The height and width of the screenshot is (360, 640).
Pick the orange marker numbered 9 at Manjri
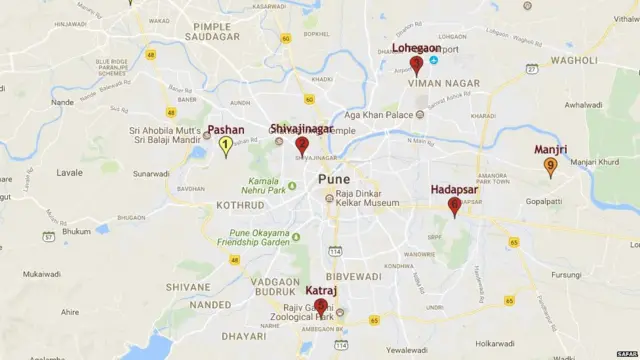click(x=550, y=167)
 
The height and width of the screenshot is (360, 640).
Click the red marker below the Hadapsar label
click(x=454, y=207)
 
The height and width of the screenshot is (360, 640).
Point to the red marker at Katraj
click(x=321, y=308)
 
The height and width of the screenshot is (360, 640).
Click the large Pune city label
click(x=334, y=179)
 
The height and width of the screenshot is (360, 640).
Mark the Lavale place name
click(x=68, y=172)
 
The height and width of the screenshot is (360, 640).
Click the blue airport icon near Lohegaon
click(x=433, y=60)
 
